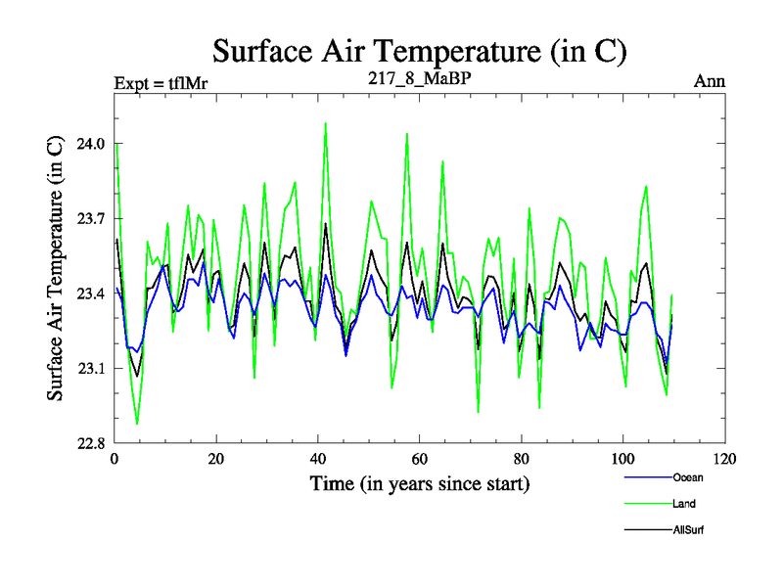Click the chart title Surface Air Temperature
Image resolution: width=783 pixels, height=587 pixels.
point(419,51)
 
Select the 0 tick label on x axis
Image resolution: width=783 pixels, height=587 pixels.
point(115,459)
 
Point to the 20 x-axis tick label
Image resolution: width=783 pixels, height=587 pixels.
point(216,459)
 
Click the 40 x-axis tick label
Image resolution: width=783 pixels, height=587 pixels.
point(318,459)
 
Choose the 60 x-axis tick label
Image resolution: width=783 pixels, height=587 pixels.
point(420,459)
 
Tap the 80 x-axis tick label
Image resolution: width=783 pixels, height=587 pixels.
point(522,459)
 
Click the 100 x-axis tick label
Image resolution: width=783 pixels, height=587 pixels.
point(623,459)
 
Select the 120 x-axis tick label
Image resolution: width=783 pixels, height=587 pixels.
point(725,459)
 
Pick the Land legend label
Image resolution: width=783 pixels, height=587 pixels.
point(684,504)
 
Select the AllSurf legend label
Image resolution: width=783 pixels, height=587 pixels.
point(688,529)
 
